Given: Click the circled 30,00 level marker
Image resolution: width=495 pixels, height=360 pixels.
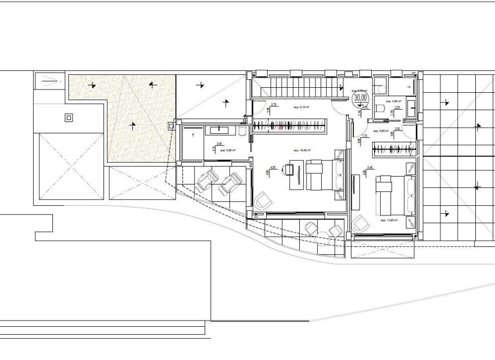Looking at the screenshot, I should coord(359,97).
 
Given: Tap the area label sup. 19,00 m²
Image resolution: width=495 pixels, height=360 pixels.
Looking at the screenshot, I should coord(303,150).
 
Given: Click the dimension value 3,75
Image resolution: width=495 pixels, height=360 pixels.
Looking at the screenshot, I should coord(274,105).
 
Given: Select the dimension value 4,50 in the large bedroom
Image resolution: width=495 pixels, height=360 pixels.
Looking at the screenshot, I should coord(273,167).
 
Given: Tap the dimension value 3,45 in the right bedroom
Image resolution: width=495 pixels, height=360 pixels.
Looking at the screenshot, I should coord(370,167).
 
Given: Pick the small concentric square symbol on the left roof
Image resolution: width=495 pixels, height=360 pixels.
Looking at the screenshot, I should coord(69,118).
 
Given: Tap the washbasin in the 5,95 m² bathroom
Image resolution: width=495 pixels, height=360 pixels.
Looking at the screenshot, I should coord(218,130).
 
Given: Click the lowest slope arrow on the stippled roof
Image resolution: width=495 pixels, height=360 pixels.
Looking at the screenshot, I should coord(132,124).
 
